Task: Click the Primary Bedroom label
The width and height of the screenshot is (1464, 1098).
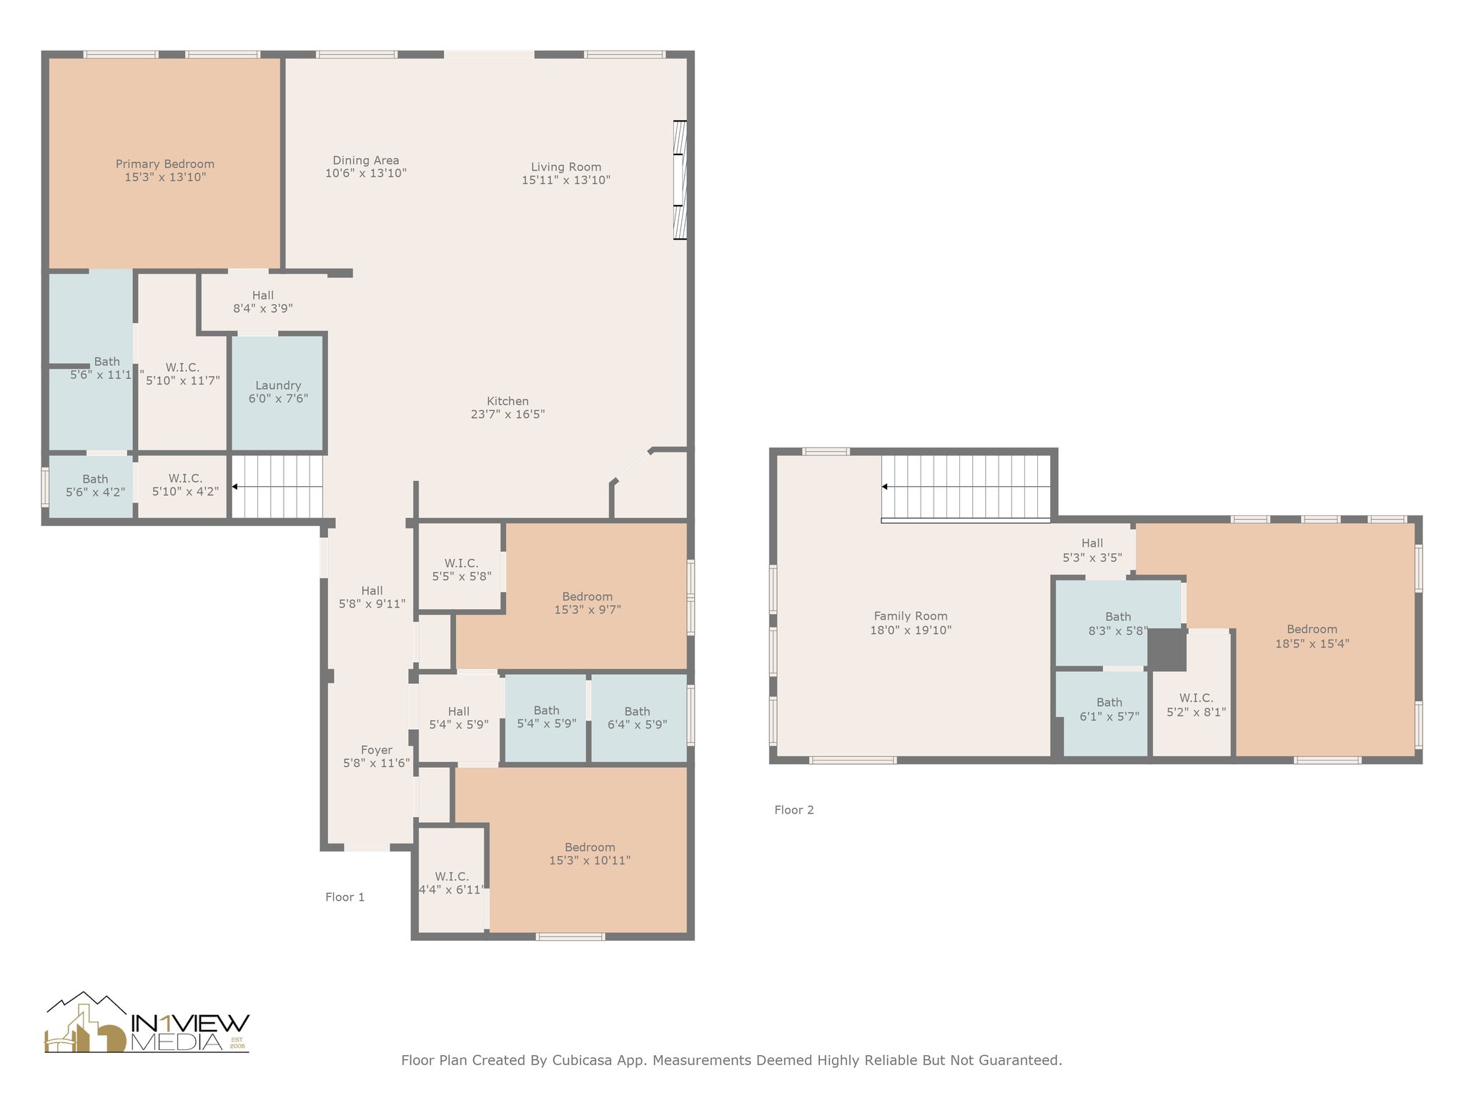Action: coord(165,164)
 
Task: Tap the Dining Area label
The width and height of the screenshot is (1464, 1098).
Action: coord(366,161)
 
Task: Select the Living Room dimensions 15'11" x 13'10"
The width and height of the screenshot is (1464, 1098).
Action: coord(566,180)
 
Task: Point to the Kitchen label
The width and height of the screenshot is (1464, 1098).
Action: coord(508,401)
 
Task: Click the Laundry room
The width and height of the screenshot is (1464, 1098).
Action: coord(278,392)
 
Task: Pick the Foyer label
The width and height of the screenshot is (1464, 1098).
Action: coord(377,750)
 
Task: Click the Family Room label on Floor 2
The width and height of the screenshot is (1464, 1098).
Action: coord(911,616)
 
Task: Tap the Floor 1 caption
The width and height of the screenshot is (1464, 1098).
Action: coord(345,897)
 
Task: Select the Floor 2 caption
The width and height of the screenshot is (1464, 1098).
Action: coord(794,810)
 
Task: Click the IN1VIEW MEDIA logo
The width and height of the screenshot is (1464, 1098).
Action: coord(147,1023)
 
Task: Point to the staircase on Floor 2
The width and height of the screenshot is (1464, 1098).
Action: coord(966,488)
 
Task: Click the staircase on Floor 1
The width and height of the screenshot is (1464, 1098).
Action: coord(277,487)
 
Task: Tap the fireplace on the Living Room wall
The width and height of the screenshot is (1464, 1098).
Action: coord(680,179)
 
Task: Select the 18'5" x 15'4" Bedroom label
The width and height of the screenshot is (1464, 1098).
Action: coord(1312,636)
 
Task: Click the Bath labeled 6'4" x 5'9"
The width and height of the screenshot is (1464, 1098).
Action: coord(638,718)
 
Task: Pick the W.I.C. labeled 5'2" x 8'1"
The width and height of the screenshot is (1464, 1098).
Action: coord(1196,705)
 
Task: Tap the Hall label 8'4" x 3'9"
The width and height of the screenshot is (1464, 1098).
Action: coord(263,302)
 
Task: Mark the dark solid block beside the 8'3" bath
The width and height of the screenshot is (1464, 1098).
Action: coord(1167,649)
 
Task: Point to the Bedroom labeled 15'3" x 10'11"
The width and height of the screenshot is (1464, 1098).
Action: coord(590,854)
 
